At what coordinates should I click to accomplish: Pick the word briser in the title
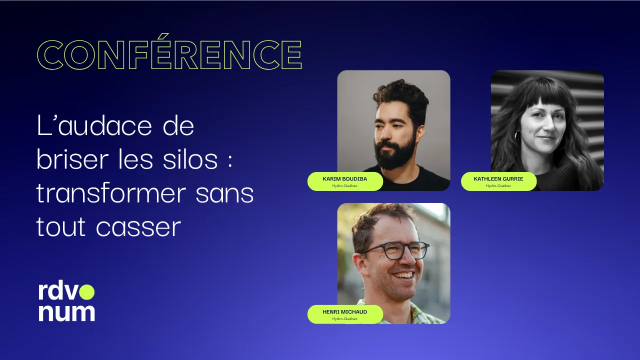72,160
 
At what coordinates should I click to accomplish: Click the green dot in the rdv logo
87,291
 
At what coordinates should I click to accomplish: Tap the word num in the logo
66,312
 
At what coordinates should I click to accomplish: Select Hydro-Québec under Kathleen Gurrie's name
498,186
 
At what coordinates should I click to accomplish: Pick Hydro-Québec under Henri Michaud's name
345,318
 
